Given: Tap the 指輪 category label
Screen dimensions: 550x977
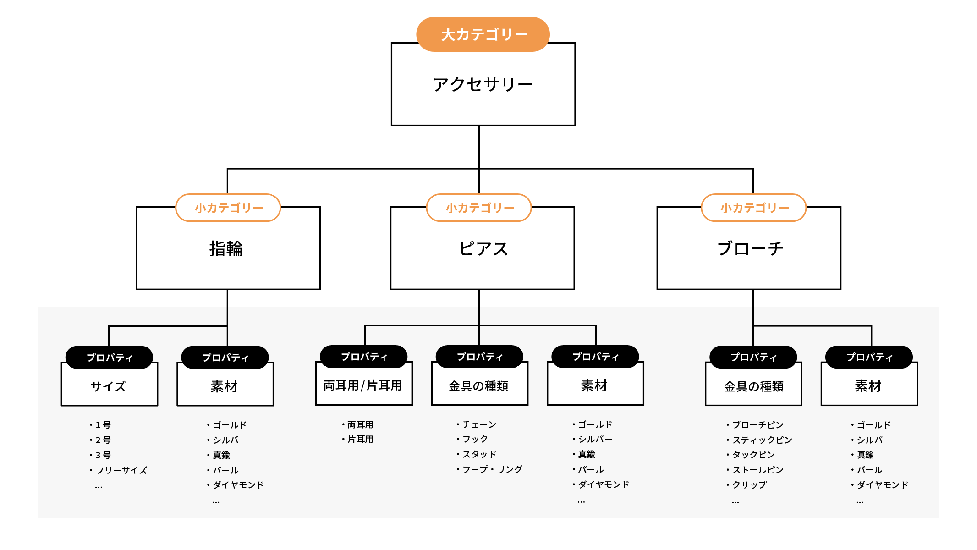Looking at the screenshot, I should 226,249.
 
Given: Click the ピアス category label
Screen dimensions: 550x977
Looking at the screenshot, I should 483,249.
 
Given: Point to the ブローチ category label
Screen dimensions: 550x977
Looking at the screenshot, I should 750,249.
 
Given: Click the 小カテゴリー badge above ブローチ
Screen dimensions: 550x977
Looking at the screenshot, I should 754,208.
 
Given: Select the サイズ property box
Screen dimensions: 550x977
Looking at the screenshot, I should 109,386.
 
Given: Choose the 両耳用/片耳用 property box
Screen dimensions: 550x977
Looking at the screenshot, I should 363,385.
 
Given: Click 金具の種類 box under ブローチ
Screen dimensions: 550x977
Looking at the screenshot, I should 753,386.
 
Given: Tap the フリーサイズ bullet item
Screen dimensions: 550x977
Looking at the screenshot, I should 121,470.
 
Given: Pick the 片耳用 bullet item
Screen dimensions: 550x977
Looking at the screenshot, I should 360,439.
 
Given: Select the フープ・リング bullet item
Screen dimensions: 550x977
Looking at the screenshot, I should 492,469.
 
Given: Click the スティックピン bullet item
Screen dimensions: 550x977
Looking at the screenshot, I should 762,440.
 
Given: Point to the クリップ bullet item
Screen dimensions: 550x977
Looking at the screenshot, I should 749,485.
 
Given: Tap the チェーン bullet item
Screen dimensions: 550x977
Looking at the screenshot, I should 479,424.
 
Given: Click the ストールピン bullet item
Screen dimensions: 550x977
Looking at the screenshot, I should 757,470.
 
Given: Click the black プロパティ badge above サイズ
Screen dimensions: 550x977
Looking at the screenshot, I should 109,357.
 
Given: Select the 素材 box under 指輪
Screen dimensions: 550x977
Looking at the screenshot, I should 225,386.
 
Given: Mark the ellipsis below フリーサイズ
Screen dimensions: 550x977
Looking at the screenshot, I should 99,487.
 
